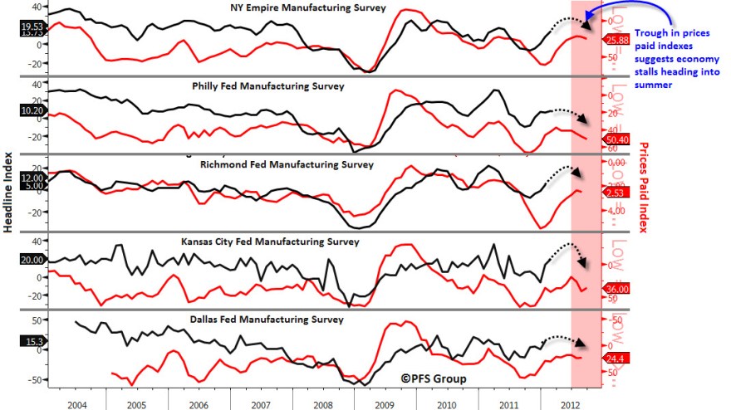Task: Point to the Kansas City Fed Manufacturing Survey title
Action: coord(270,242)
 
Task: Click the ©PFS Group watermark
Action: coord(433,378)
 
